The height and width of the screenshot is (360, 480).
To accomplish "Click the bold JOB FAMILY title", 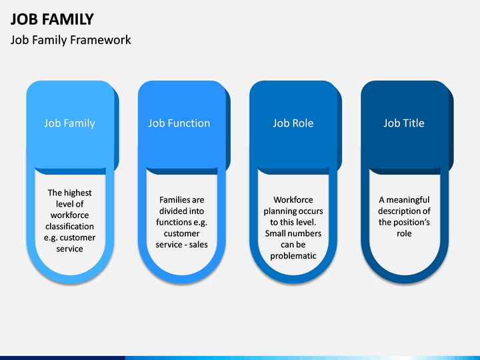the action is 52,19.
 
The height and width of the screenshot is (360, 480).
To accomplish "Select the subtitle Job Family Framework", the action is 71,40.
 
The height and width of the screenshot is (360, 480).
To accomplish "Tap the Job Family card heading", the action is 70,123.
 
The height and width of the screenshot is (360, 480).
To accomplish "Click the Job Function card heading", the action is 179,123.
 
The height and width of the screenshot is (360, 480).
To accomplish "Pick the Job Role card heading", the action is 293,123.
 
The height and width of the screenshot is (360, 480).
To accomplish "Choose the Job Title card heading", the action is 404,123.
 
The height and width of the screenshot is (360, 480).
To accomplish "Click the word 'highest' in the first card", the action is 78,193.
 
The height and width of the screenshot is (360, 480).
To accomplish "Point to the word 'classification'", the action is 70,227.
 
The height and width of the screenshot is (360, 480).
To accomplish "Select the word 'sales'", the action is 199,245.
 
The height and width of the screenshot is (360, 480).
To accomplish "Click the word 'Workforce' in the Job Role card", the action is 293,200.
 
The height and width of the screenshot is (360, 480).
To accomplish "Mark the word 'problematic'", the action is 293,256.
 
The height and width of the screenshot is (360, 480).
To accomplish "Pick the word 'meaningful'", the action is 408,200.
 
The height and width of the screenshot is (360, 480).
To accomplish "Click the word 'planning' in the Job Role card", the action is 278,211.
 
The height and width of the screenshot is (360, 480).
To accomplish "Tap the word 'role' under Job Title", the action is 404,234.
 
